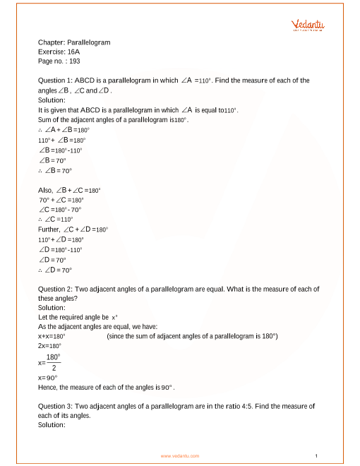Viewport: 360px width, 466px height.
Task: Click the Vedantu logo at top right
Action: coord(308,25)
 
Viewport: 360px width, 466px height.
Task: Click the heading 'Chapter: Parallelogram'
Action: coord(73,42)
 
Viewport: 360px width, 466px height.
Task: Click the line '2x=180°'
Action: coord(49,346)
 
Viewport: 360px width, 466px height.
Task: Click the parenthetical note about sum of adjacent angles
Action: coord(192,336)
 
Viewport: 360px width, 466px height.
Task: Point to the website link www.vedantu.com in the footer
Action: coord(180,456)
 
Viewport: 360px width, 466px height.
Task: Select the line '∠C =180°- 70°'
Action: coord(61,210)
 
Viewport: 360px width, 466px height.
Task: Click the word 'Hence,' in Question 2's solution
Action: coord(49,388)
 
